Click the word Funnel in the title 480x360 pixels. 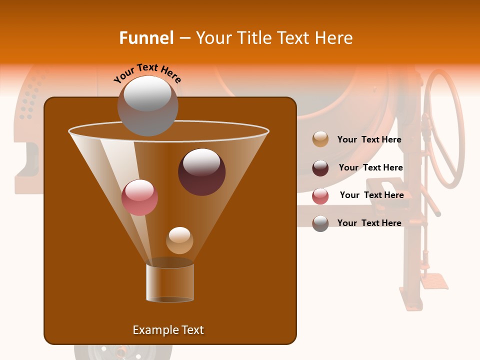pos(146,38)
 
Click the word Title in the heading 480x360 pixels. pos(252,38)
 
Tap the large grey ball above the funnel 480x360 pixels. pos(147,106)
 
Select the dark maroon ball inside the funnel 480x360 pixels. pos(201,171)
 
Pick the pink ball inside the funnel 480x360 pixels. pos(139,197)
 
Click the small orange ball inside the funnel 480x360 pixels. pos(179,240)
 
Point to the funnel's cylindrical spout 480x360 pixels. pos(170,282)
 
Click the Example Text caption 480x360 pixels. pos(168,330)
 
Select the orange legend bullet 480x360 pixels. pos(320,139)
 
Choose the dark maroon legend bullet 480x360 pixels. pos(320,168)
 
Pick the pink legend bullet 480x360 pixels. pos(320,196)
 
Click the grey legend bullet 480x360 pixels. pos(320,223)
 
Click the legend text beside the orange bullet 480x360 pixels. pos(369,140)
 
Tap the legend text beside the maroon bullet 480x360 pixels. pos(370,168)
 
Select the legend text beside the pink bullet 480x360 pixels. pos(371,195)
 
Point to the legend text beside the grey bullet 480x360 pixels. pos(369,223)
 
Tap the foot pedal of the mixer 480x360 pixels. pos(434,281)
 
